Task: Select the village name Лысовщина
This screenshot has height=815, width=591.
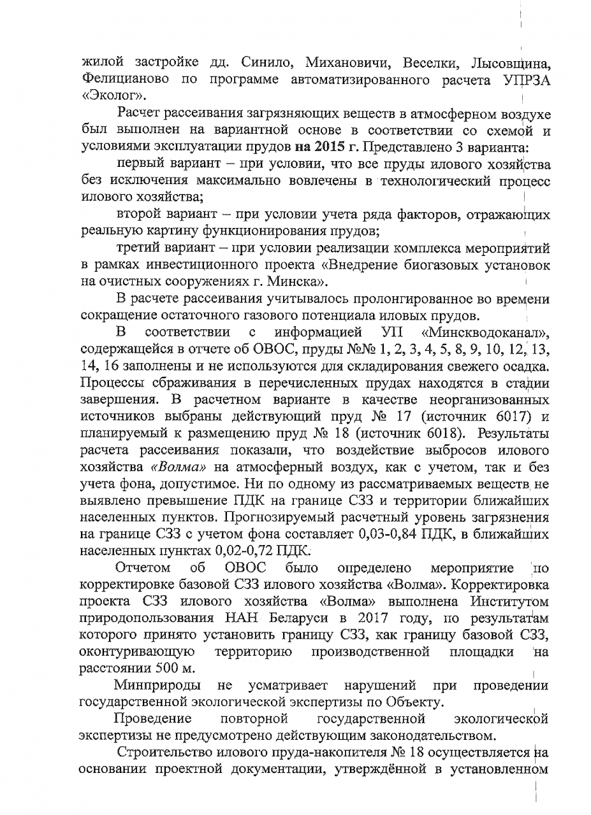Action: point(509,64)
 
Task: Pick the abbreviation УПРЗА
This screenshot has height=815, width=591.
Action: point(522,81)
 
